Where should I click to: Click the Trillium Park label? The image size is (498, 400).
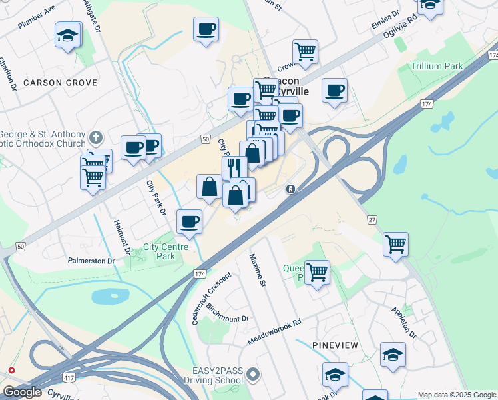tap(436, 67)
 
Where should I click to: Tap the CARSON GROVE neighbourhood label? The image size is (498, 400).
tap(60, 83)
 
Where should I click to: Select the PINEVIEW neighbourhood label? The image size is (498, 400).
tap(336, 345)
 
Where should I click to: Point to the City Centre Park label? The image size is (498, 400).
tap(159, 251)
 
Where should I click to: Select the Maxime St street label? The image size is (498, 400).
tap(257, 271)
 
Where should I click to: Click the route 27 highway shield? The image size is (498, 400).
tap(371, 220)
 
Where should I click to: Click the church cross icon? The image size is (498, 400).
tap(96, 138)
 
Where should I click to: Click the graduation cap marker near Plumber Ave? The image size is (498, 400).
tap(67, 36)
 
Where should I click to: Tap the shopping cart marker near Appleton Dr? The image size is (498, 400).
tap(395, 245)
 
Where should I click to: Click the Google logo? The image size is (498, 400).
tap(23, 392)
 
